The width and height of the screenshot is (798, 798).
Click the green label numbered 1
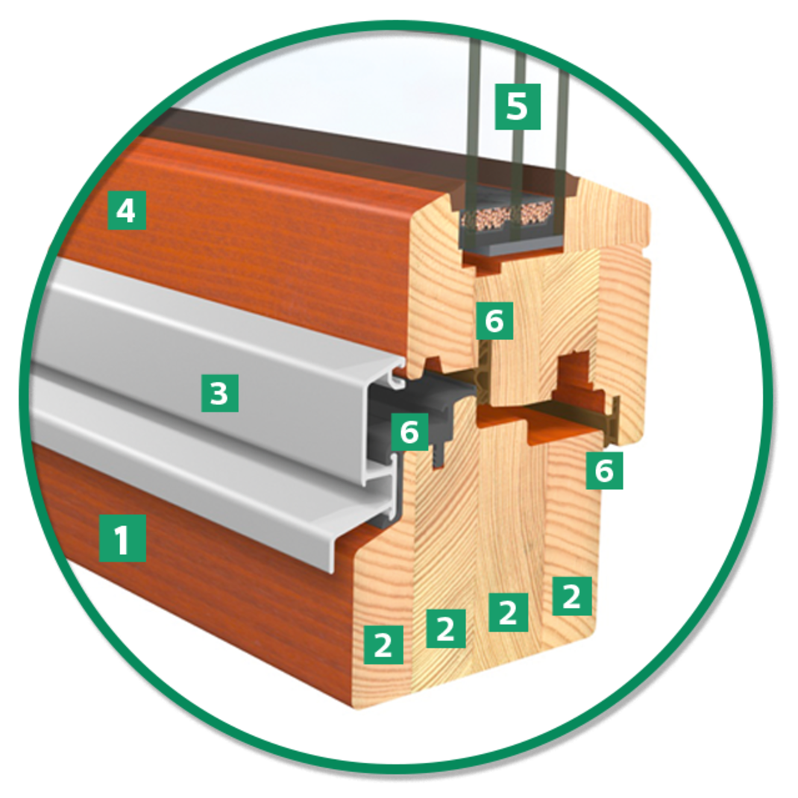122,538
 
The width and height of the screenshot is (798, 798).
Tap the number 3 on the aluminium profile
220,393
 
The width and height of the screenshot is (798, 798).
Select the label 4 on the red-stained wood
128,210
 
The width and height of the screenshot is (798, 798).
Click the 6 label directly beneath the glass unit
494,321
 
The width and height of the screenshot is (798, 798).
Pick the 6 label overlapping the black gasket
409,432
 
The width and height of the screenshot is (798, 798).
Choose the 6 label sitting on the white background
604,471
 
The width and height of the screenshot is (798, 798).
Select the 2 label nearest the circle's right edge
572,596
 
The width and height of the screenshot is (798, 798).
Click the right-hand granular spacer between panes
535,213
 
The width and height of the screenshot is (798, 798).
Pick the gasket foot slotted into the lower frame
438,456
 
